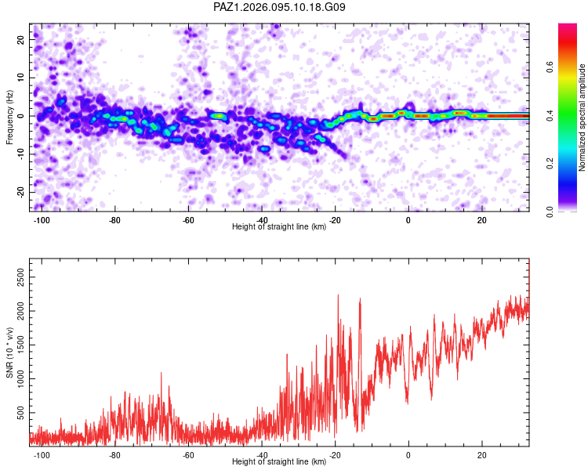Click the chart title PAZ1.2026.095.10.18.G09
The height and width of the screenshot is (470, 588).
point(279,7)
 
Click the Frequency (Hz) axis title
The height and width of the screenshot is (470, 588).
point(9,117)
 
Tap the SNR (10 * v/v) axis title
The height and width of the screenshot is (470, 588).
point(9,352)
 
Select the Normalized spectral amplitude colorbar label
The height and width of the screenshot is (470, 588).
point(582,117)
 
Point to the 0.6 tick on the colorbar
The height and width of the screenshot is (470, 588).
point(550,67)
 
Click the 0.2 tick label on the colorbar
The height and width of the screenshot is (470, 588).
point(550,163)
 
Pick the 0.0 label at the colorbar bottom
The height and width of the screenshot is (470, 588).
point(550,211)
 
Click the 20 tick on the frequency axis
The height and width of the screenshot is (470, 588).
point(20,39)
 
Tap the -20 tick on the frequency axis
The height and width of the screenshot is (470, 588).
point(20,192)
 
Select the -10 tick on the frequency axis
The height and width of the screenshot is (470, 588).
point(20,154)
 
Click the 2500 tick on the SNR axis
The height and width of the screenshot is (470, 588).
point(20,277)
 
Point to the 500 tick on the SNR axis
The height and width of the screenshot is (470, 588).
point(20,413)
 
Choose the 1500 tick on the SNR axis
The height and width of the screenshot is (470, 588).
point(20,345)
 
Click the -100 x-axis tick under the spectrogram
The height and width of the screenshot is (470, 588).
point(42,220)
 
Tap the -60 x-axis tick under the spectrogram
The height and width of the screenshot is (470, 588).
point(188,220)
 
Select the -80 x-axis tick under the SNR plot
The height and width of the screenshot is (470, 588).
point(114,455)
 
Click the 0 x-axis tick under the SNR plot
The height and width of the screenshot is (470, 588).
point(408,455)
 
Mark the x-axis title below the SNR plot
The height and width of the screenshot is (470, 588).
point(279,461)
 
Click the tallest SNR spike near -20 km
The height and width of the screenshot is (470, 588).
point(338,295)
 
